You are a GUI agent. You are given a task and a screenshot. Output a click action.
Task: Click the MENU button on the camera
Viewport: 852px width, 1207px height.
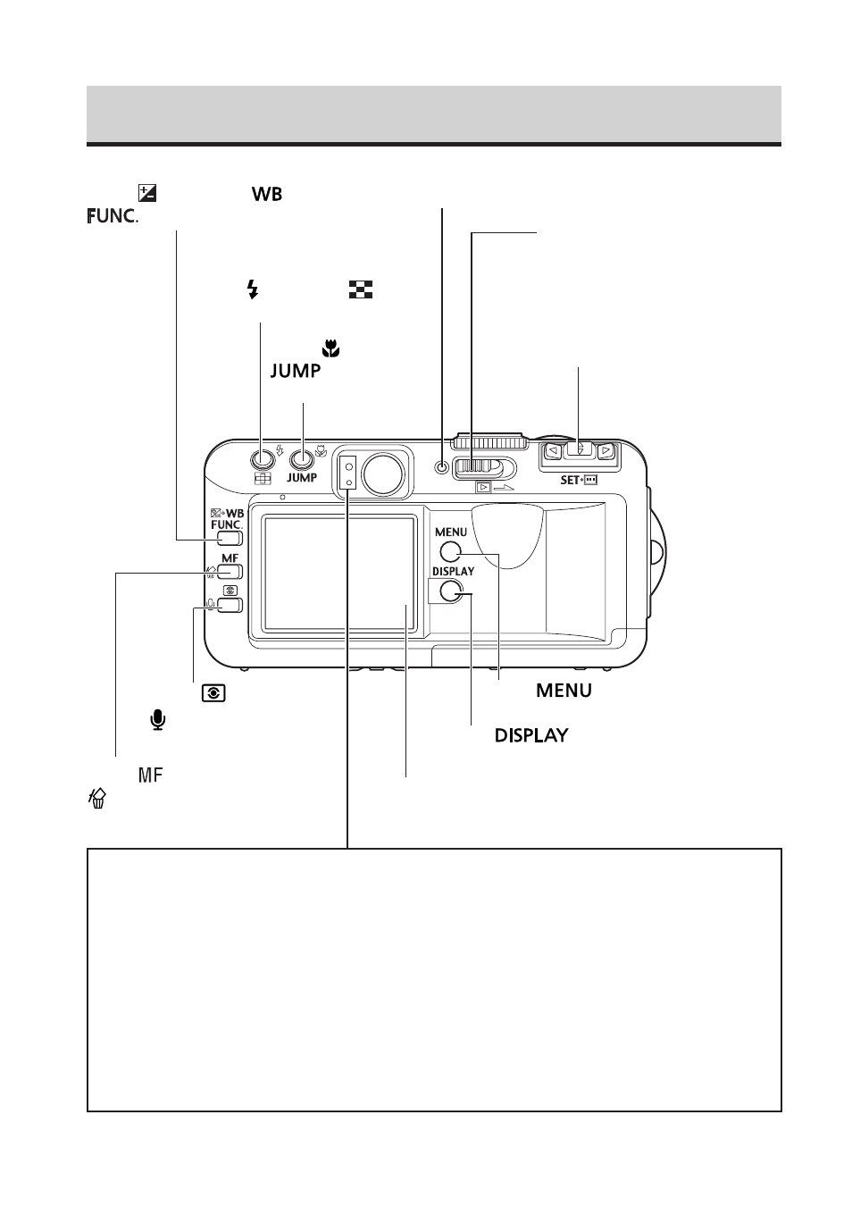tap(450, 552)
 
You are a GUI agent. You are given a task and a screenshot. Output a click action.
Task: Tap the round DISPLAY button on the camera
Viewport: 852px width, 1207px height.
tap(451, 591)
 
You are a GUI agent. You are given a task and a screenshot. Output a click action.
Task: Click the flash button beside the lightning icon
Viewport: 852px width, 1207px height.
tap(263, 459)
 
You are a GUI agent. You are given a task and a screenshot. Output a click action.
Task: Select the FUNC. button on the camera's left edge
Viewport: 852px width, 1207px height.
tap(230, 538)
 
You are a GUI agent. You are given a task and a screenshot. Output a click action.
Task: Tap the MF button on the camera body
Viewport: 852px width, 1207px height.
tap(230, 571)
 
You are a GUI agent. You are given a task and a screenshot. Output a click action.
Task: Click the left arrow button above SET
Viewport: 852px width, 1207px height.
tap(553, 450)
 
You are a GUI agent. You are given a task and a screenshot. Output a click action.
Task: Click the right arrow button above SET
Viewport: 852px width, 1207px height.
tap(606, 450)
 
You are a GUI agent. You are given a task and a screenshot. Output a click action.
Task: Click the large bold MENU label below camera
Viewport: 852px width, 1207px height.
tap(564, 691)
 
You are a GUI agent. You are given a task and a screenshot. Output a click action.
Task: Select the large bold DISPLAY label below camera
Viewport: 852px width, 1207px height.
tap(531, 735)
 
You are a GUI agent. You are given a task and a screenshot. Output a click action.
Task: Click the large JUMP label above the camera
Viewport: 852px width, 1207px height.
tap(295, 371)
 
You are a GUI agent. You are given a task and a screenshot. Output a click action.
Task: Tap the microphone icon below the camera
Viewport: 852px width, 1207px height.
tap(158, 720)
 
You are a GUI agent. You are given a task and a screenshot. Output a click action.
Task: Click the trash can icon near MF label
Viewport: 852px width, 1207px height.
tap(97, 798)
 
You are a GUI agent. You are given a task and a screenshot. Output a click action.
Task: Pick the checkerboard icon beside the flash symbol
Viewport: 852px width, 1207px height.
tap(361, 289)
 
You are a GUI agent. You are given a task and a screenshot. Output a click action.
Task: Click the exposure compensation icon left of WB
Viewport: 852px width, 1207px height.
tap(147, 193)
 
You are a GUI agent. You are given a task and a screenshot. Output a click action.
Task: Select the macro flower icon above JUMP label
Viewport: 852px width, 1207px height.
tap(331, 348)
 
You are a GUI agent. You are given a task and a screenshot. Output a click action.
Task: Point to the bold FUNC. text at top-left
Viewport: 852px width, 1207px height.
tap(112, 216)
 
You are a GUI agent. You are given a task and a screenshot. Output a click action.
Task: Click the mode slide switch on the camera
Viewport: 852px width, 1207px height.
tap(484, 468)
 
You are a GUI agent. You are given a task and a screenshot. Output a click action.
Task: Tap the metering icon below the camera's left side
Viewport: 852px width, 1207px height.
tap(213, 693)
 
